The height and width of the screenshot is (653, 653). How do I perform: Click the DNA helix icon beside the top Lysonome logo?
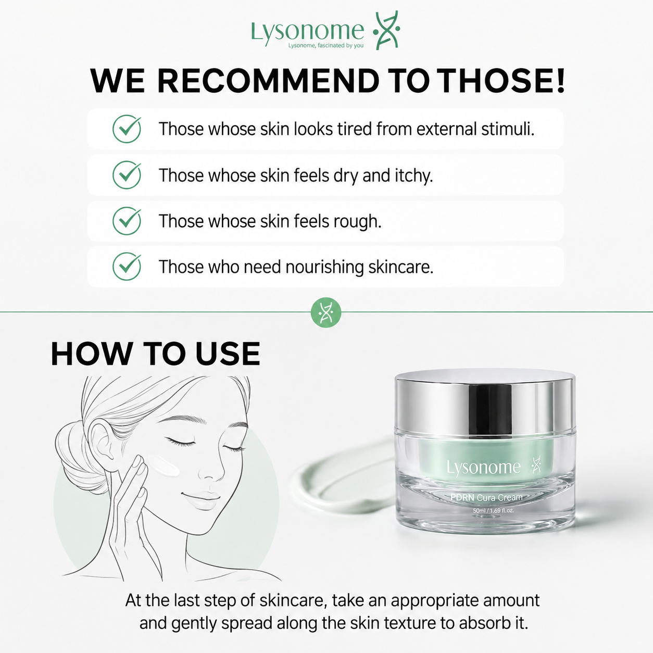[x=387, y=31]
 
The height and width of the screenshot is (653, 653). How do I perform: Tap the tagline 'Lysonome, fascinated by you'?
[x=325, y=45]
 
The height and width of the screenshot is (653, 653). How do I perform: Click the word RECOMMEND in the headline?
[x=268, y=81]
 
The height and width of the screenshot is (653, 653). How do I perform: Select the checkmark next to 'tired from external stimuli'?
[x=127, y=129]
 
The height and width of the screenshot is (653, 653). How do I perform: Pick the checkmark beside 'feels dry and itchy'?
[x=127, y=175]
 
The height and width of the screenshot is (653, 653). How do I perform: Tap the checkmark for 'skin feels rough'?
[x=127, y=221]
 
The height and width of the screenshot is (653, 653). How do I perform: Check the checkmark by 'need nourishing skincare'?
[x=127, y=267]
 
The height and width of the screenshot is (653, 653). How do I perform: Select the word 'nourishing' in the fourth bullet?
[x=324, y=267]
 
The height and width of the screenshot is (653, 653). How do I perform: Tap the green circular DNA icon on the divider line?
[x=326, y=312]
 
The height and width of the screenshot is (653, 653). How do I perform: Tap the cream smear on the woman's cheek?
[x=163, y=465]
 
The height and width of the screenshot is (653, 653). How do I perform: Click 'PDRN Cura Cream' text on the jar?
[x=486, y=497]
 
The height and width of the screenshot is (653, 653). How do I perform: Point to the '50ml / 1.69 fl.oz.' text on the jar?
[x=493, y=511]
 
